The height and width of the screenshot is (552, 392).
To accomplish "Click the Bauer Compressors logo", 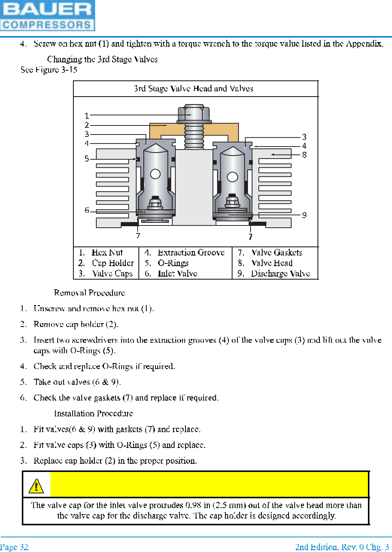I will (x=47, y=15).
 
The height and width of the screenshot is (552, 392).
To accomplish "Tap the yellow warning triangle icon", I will (x=36, y=486).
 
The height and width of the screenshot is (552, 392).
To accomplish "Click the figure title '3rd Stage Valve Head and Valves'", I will (x=193, y=89).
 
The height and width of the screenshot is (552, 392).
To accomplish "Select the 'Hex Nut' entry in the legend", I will (x=107, y=253).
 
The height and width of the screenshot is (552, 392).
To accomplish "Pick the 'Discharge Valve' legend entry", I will (x=280, y=274).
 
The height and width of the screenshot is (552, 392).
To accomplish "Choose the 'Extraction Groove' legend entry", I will (x=191, y=253).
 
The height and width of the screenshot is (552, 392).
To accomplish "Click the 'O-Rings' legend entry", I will (x=173, y=263).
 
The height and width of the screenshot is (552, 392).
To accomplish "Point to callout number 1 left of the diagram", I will (x=87, y=116).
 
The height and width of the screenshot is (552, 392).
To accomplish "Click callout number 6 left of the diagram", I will (x=87, y=210).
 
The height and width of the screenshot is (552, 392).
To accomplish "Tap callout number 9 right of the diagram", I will (x=304, y=215).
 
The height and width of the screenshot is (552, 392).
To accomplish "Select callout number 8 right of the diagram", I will (x=304, y=155).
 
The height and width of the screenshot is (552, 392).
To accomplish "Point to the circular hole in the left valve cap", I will (x=155, y=174).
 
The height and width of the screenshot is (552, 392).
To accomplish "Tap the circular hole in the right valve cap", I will (x=232, y=177).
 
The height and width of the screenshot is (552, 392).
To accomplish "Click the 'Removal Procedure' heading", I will (x=90, y=293).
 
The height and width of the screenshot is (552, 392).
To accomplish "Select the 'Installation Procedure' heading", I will (x=94, y=413).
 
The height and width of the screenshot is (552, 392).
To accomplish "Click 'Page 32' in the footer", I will (x=14, y=547).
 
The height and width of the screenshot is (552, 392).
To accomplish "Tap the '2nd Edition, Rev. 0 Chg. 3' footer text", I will (x=342, y=547).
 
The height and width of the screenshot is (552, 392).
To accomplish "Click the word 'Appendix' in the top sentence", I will (x=364, y=44).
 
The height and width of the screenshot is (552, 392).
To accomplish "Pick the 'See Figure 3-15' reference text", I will (x=49, y=70).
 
